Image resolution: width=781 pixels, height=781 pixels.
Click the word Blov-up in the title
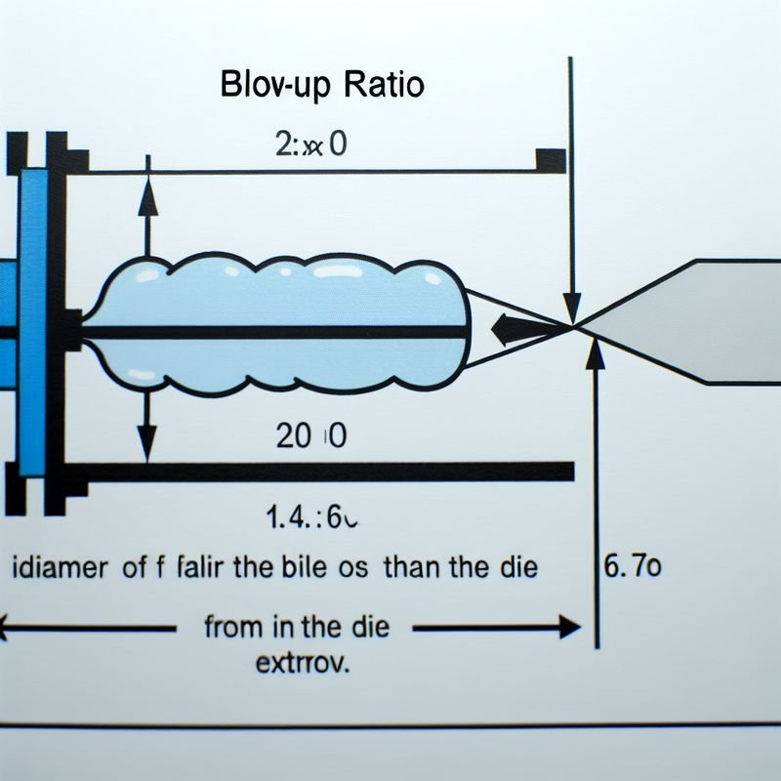[275, 86]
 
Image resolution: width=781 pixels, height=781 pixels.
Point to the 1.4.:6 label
[310, 518]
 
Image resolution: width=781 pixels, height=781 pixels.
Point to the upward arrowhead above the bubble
[147, 194]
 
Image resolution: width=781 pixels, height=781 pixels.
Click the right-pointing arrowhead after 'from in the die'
[567, 628]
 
